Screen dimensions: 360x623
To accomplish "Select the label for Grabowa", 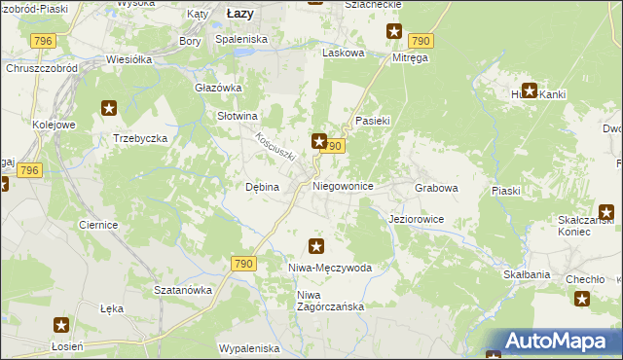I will pyautogui.click(x=435, y=187).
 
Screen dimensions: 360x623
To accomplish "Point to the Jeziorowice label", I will pyautogui.click(x=416, y=219).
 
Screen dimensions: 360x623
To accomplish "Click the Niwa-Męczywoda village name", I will pyautogui.click(x=330, y=267).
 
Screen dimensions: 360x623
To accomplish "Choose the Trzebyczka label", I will pyautogui.click(x=140, y=138).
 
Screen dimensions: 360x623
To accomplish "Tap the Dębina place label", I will pyautogui.click(x=262, y=187).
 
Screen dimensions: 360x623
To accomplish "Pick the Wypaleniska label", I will pyautogui.click(x=249, y=347).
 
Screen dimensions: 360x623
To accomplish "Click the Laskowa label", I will pyautogui.click(x=343, y=54).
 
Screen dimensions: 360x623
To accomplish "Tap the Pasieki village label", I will pyautogui.click(x=373, y=121).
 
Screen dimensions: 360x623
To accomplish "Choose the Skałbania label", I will pyautogui.click(x=527, y=275).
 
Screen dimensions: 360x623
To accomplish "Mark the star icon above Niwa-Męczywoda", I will pyautogui.click(x=315, y=246).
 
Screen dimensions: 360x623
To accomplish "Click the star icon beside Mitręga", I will pyautogui.click(x=394, y=32).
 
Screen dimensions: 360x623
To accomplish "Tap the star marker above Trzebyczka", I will pyautogui.click(x=109, y=109).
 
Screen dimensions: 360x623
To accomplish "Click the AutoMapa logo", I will pyautogui.click(x=551, y=342).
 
